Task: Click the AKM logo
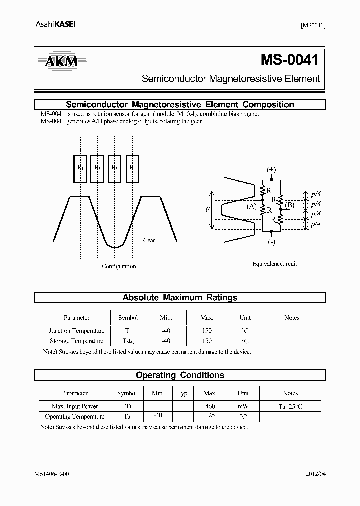(59, 61)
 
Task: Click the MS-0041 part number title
(289, 60)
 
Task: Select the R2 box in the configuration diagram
(98, 168)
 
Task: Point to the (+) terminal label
(271, 169)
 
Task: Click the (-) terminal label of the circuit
(271, 243)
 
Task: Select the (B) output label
(289, 204)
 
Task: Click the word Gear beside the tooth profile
(149, 240)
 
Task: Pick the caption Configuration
(119, 266)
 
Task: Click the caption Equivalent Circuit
(275, 264)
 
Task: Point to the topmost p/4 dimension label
(316, 195)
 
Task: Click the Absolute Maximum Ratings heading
(180, 298)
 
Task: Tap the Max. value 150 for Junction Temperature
(206, 331)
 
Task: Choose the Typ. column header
(182, 394)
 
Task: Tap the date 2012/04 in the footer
(315, 474)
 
